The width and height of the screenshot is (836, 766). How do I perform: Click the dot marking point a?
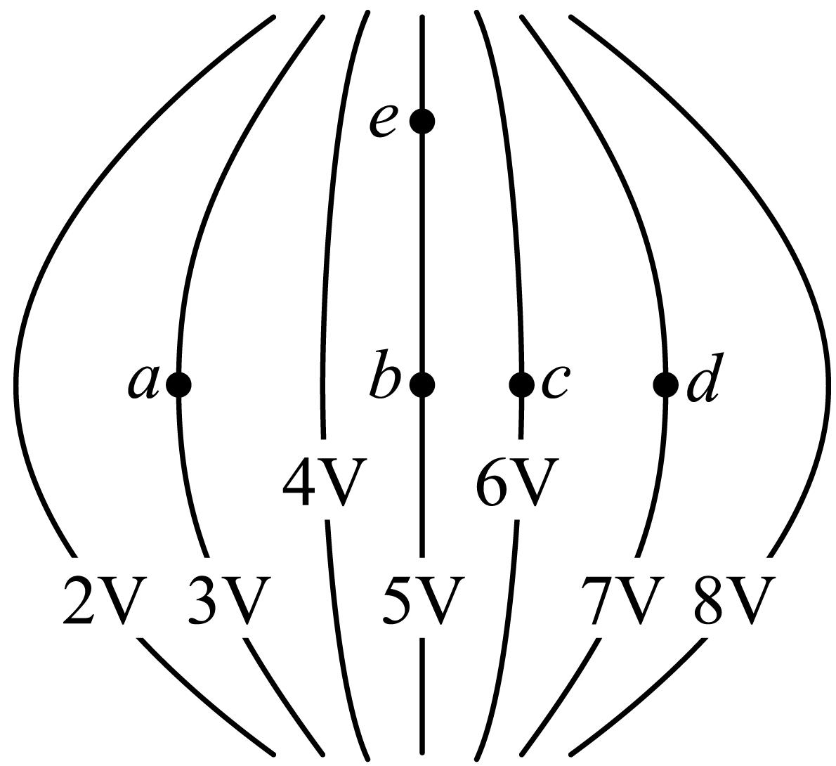pyautogui.click(x=178, y=384)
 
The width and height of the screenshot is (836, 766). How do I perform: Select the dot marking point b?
pyautogui.click(x=422, y=384)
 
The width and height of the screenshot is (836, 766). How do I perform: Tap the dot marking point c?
pyautogui.click(x=521, y=384)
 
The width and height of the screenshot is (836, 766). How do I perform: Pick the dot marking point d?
pyautogui.click(x=666, y=384)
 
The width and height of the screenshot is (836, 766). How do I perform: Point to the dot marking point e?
pyautogui.click(x=422, y=122)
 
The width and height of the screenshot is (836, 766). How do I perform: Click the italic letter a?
pyautogui.click(x=143, y=382)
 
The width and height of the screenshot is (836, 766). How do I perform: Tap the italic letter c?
pyautogui.click(x=556, y=382)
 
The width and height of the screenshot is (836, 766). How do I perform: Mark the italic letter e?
pyautogui.click(x=383, y=122)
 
